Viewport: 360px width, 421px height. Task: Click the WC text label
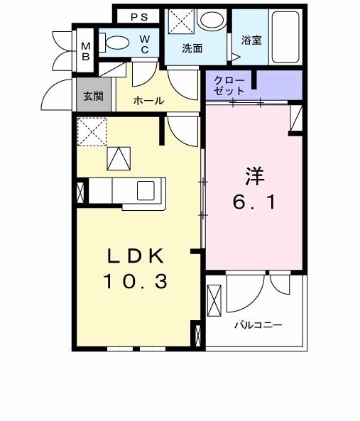tap(144, 44)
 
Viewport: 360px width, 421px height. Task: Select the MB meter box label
tap(85, 51)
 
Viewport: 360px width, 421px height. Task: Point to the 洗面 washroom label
tap(192, 49)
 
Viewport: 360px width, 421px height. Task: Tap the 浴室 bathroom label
tap(251, 40)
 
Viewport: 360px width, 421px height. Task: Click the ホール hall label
tap(150, 101)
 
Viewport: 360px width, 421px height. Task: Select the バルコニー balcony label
tap(259, 324)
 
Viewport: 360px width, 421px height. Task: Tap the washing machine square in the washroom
tap(180, 21)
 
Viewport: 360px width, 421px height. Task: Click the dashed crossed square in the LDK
tap(92, 132)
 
